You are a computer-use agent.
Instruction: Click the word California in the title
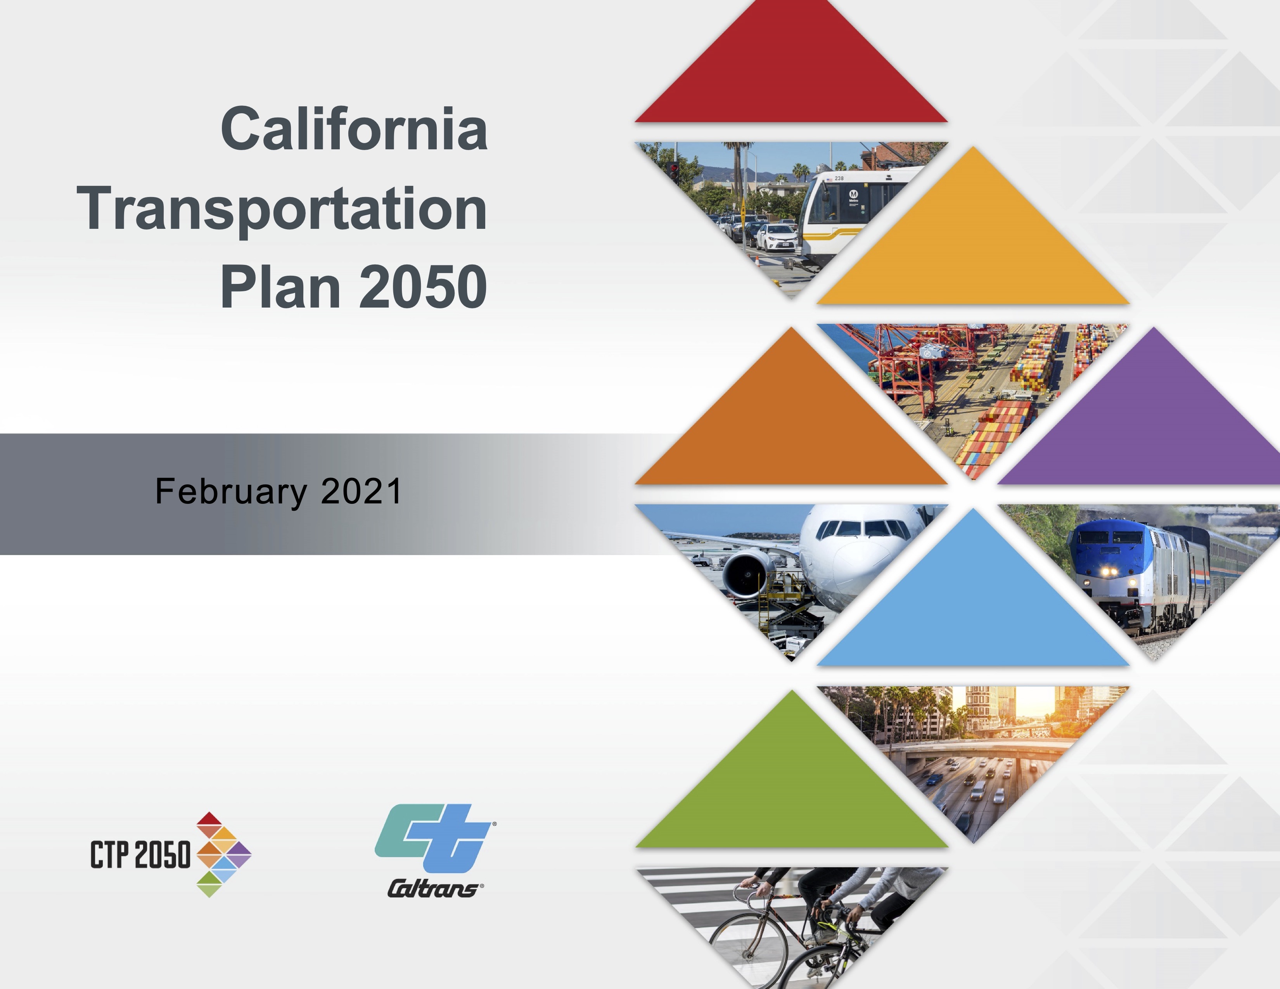click(x=354, y=128)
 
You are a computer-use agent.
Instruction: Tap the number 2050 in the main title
click(x=422, y=287)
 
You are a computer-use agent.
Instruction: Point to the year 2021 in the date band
click(x=361, y=491)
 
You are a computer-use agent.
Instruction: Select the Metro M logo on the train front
click(x=853, y=194)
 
